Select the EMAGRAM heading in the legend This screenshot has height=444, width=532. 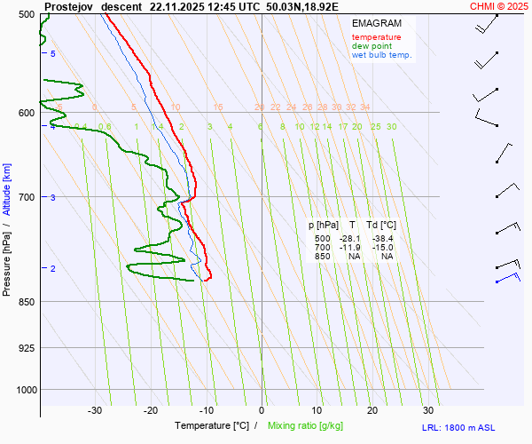pos(376,23)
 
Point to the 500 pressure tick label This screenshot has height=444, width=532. pos(26,14)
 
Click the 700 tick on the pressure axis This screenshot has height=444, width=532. pos(26,196)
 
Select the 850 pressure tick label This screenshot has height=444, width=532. pos(26,302)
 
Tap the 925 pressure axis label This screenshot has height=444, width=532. pos(26,347)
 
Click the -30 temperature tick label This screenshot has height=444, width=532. pos(95,410)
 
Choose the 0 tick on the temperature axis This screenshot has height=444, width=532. pos(262,410)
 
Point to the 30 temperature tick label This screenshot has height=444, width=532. pos(428,410)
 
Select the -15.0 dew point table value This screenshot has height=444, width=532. pos(382,248)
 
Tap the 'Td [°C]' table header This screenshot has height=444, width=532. pos(380,226)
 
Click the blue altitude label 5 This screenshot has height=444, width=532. pos(52,54)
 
